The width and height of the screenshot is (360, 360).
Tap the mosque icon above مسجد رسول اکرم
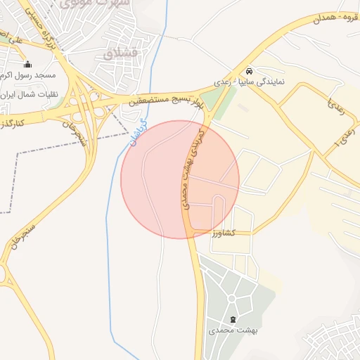pyautogui.click(x=27, y=64)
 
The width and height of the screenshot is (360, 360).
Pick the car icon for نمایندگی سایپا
pyautogui.click(x=250, y=71)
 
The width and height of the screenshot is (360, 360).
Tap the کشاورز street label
pyautogui.click(x=221, y=232)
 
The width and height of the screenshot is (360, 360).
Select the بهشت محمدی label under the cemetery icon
pyautogui.click(x=233, y=330)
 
